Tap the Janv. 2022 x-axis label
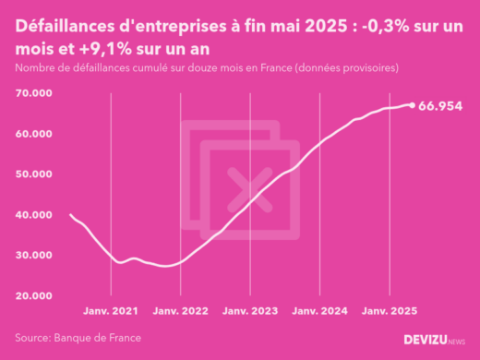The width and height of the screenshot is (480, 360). (x=180, y=311)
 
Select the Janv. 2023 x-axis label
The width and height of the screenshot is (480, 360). (x=249, y=311)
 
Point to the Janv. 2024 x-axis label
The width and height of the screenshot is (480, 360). (x=319, y=311)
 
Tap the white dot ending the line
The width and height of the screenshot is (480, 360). (x=412, y=104)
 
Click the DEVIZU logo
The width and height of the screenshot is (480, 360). (x=435, y=340)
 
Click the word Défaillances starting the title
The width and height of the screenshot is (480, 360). (x=67, y=30)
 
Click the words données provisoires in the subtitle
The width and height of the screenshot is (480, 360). (x=348, y=68)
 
